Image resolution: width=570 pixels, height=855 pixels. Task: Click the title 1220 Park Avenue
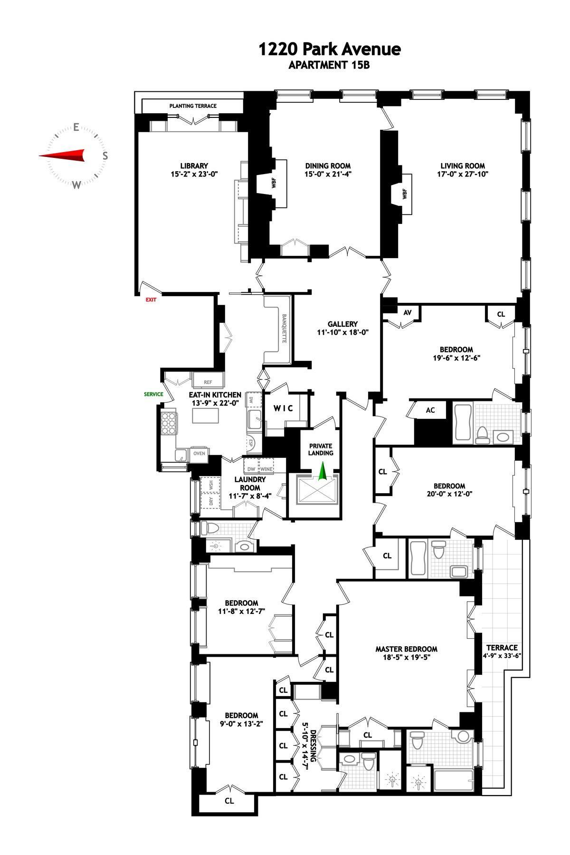coord(329,49)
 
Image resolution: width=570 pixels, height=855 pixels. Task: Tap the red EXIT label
coord(151,300)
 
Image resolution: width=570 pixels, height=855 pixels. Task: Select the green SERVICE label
coord(153,394)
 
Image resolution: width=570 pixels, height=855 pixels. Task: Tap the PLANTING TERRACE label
coord(193,106)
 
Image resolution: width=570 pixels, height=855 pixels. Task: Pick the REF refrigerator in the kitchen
coord(208,382)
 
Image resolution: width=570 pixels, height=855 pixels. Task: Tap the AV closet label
coord(407,313)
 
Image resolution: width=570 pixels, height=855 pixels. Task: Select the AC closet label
coord(430,410)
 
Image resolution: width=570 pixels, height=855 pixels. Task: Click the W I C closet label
coord(283,408)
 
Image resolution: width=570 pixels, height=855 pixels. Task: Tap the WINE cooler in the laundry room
coord(266,469)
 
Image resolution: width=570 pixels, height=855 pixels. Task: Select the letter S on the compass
coord(105,155)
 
